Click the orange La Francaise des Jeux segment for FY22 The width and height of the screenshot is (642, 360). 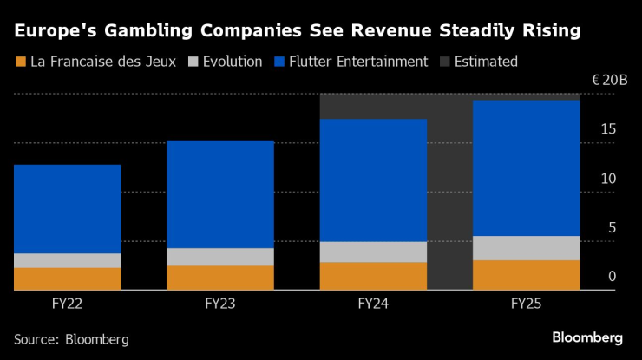pos(67,278)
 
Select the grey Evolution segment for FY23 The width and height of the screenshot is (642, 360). pos(220,257)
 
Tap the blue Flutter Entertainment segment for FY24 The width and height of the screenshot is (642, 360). pos(373,180)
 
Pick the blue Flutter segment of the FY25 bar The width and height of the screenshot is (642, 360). pos(527,168)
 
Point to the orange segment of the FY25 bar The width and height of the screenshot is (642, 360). pos(527,275)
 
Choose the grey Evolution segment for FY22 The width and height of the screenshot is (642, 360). pos(67,260)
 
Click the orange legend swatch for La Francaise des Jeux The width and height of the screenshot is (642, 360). pos(19,62)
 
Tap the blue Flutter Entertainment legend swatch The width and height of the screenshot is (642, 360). pos(279,62)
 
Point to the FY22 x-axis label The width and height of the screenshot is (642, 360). pos(67,304)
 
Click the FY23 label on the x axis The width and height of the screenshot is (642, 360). pos(220,304)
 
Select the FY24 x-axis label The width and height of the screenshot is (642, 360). pos(373,304)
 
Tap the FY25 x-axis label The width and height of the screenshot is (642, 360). pos(527,304)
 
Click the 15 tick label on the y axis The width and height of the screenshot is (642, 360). pos(608,129)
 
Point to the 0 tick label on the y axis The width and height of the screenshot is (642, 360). pos(613,277)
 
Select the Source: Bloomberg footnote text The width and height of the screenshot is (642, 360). pos(71,339)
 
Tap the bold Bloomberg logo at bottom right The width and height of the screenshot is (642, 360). pos(587,337)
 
